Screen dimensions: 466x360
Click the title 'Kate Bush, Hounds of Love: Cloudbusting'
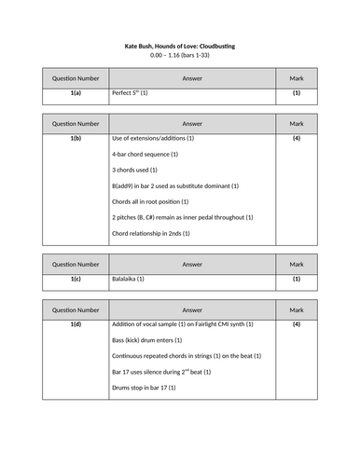point(180,45)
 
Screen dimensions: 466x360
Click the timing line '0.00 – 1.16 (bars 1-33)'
point(180,56)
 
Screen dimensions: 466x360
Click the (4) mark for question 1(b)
point(297,139)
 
